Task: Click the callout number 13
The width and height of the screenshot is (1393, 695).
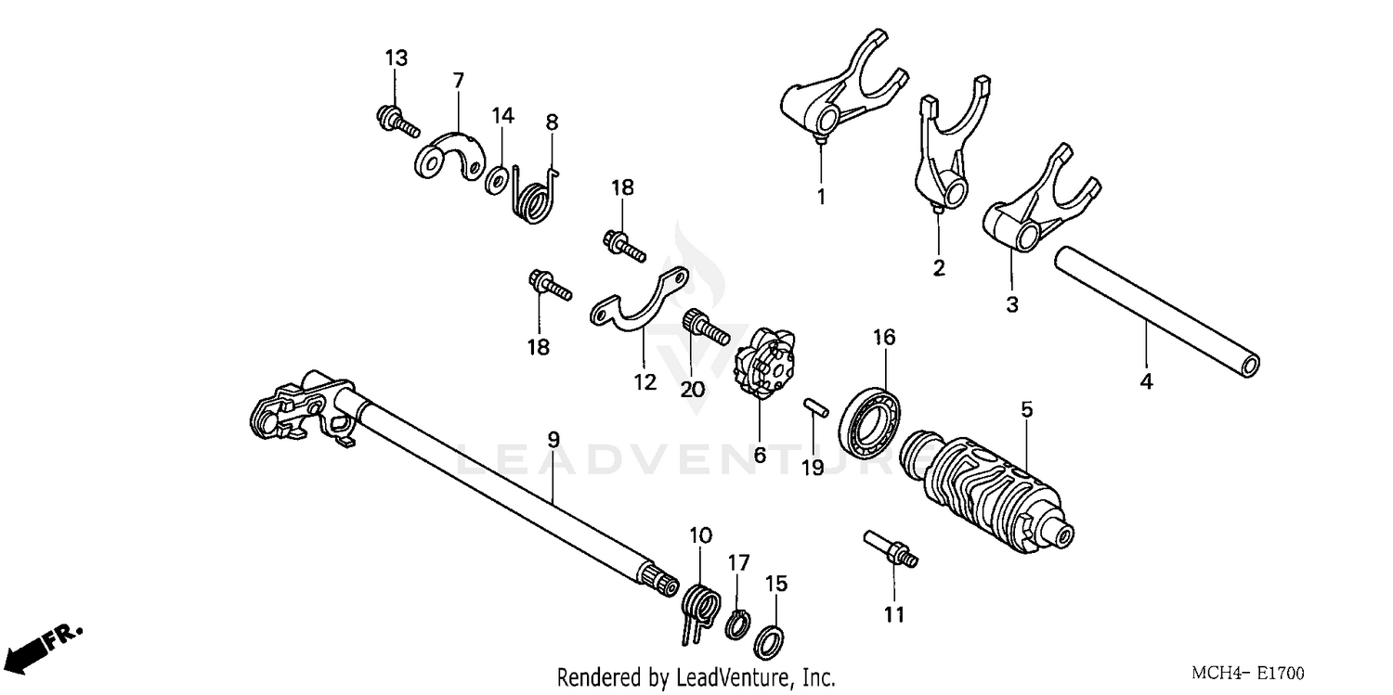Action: click(397, 58)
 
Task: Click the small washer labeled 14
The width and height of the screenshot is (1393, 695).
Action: click(500, 174)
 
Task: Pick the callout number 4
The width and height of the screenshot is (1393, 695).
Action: click(1146, 381)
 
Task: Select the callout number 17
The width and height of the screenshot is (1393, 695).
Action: click(737, 561)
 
